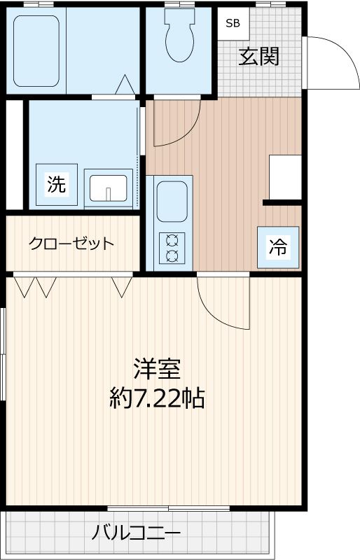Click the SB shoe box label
coord(232,22)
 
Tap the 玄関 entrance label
coord(258,56)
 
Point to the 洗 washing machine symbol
coord(56,184)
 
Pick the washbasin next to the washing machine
coord(108,187)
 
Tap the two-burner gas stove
coord(172,247)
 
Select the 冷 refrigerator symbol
coord(279,247)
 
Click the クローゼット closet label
coord(71,244)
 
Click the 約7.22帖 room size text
coord(158,398)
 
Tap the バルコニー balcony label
coord(136,533)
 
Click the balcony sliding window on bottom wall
coord(168,507)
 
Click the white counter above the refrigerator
coord(285,176)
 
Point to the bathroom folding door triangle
coord(126,85)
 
